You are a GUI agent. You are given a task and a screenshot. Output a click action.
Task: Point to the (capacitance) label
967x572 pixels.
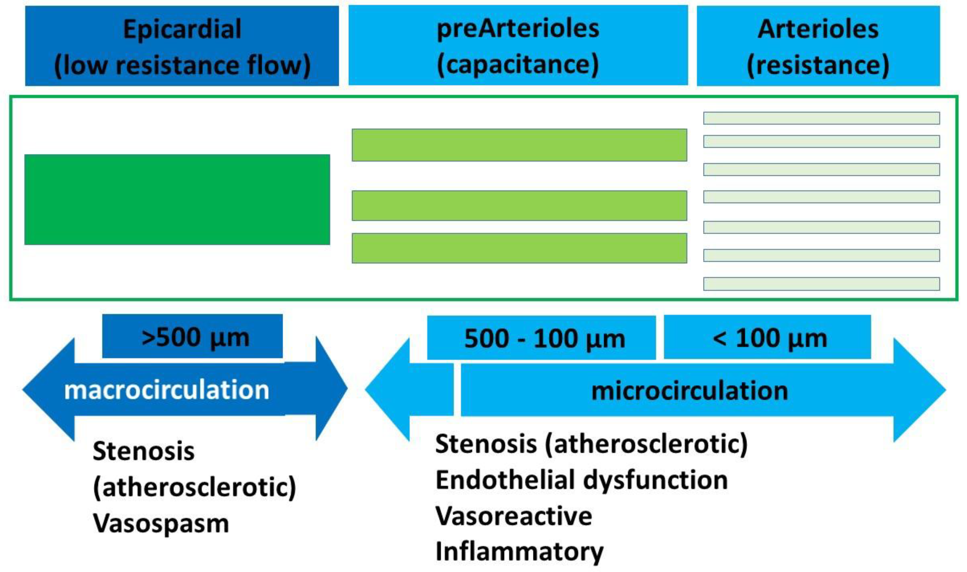[518, 64]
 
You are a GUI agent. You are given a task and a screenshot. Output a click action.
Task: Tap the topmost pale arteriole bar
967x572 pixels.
[821, 118]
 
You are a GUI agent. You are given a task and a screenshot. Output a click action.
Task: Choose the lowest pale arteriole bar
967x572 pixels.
[821, 284]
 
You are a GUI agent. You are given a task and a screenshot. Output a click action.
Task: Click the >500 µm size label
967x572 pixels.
[195, 338]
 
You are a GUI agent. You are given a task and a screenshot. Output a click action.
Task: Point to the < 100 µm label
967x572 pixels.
[770, 338]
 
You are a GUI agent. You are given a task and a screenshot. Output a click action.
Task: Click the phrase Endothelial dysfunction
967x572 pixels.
[581, 480]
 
